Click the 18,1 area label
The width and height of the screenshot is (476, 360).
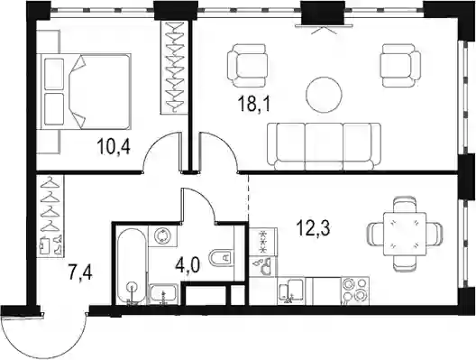(254, 105)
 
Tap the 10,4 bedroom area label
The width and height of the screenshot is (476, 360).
(114, 146)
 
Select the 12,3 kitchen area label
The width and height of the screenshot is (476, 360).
(314, 228)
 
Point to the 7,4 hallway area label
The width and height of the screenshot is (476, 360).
(80, 273)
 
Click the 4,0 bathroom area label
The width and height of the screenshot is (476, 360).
(188, 265)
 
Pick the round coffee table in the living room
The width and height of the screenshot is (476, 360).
(324, 95)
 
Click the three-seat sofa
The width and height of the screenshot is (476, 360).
(324, 146)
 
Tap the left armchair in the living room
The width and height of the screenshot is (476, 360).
(248, 65)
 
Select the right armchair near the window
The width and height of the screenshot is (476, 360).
(401, 65)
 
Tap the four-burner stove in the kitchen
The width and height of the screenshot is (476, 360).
(355, 291)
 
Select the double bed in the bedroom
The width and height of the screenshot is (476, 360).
(84, 91)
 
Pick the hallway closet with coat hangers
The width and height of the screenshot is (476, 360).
(50, 217)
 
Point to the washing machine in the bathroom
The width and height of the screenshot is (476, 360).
(162, 235)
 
